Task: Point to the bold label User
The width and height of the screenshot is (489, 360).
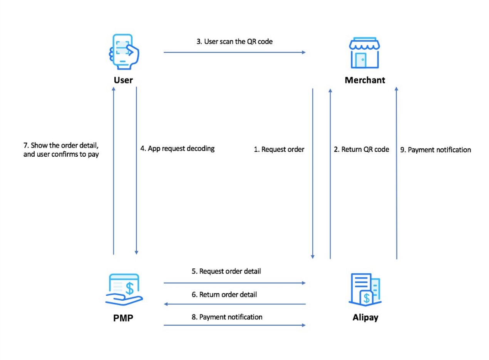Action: (x=123, y=80)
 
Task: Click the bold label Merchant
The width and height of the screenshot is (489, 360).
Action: (x=365, y=80)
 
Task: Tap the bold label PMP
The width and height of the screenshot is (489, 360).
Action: (x=124, y=318)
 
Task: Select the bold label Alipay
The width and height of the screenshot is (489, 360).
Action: (x=365, y=318)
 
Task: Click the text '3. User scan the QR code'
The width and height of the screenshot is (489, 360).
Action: (x=234, y=42)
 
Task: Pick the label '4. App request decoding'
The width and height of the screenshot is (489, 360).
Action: (x=177, y=149)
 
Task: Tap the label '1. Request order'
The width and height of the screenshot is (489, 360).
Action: (x=279, y=150)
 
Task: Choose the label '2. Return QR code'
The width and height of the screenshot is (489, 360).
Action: (x=361, y=150)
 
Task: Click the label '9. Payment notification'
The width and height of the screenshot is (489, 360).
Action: (x=435, y=150)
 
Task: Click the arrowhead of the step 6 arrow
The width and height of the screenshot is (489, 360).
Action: (x=166, y=304)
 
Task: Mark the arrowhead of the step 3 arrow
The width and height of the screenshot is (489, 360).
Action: (x=303, y=52)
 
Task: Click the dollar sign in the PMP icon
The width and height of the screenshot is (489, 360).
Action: (x=131, y=287)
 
